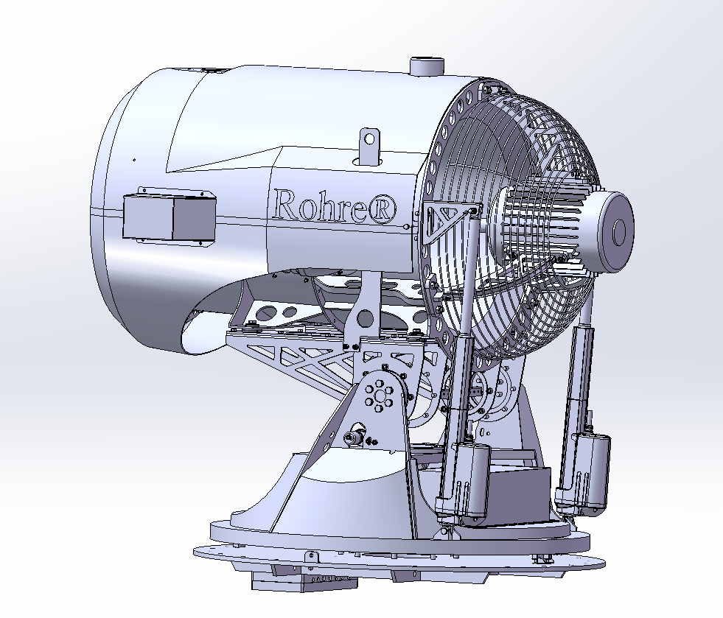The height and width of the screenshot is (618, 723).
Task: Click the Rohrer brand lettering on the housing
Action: (324, 204)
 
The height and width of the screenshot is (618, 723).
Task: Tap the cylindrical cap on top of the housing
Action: (425, 66)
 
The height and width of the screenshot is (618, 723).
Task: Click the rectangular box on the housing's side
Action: (169, 217)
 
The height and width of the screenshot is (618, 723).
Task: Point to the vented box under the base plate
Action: (306, 581)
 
